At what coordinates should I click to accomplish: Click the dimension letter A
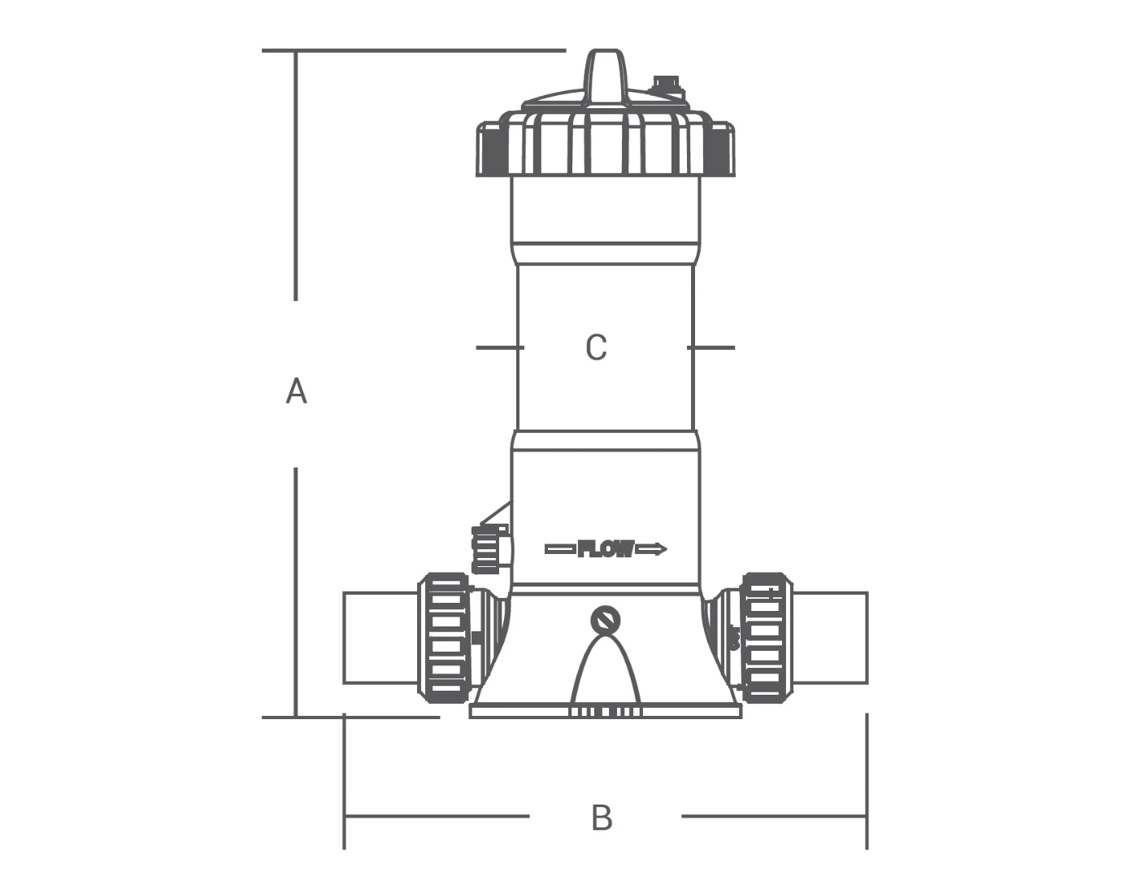point(296,391)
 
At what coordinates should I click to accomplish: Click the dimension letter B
point(602,818)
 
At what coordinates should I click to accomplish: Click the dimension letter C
point(596,347)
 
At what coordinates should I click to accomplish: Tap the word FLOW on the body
point(606,549)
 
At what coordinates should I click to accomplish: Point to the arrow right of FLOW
point(651,549)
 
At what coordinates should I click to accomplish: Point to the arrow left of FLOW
point(560,549)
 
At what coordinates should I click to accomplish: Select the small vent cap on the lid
point(666,84)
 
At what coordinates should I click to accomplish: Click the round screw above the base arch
point(606,621)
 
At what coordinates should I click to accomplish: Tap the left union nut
point(444,638)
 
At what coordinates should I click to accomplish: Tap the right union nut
point(764,638)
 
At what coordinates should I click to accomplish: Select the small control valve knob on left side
point(489,549)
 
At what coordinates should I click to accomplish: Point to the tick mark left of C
point(499,347)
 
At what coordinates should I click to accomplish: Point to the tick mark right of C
point(711,347)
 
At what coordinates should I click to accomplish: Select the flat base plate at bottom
point(606,712)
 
